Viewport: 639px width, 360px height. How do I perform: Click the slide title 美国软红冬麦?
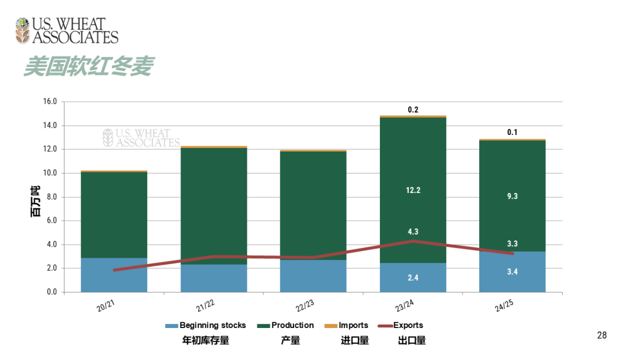point(88,67)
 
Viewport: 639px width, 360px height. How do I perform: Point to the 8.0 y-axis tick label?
point(51,197)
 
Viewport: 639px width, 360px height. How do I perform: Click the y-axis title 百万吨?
point(35,201)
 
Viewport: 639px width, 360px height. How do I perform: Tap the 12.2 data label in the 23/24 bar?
point(413,190)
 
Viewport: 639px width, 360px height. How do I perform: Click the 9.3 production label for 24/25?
point(512,196)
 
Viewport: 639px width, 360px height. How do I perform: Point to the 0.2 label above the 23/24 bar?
point(413,110)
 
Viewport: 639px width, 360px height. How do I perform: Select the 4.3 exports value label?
point(413,232)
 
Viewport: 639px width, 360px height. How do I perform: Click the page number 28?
point(602,336)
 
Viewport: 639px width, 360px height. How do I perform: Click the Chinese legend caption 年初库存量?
point(205,340)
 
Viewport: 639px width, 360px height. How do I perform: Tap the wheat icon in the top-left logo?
point(22,30)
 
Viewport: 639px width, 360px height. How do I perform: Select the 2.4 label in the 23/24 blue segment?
point(413,277)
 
